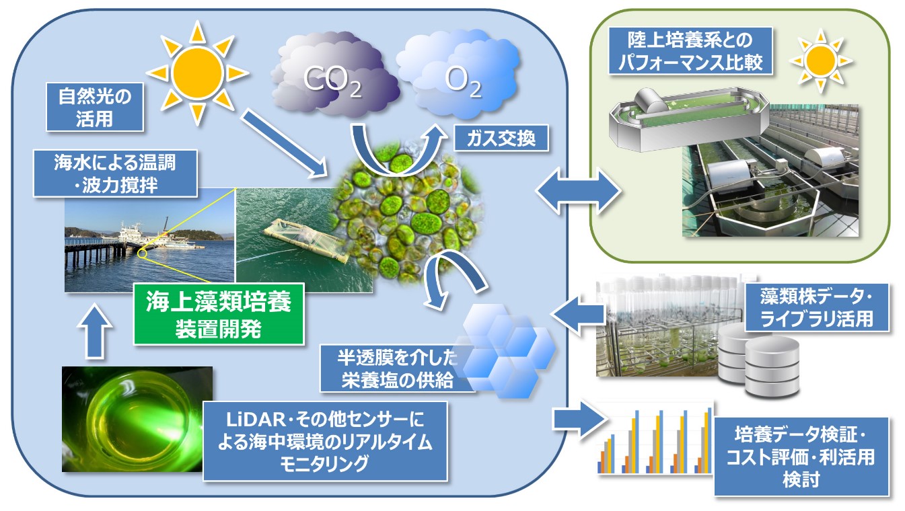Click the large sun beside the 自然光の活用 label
(x=198, y=73)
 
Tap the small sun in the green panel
(x=820, y=61)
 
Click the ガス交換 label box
(x=501, y=138)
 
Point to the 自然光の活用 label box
(x=95, y=107)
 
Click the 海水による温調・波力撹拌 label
(x=115, y=173)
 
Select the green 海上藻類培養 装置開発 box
(x=219, y=314)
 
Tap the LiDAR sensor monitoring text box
(x=325, y=441)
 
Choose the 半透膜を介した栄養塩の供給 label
(x=396, y=368)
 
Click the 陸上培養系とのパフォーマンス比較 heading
(x=690, y=51)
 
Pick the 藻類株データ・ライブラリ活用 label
(x=817, y=307)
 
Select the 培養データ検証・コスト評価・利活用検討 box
(x=801, y=457)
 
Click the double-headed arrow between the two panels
(x=579, y=190)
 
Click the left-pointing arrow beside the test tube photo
(x=578, y=314)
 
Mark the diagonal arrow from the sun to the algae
(x=285, y=143)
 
